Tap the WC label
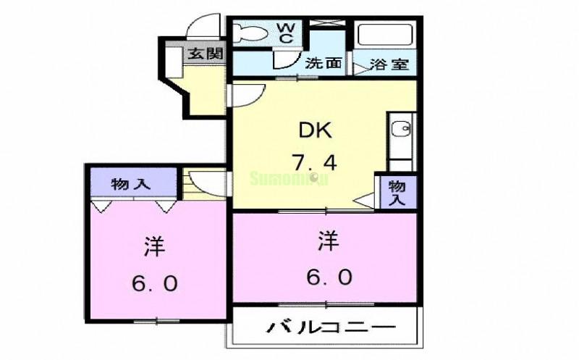pos(285,33)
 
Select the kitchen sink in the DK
pos(400,130)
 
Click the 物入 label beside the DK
pos(397,193)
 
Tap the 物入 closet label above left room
pos(130,184)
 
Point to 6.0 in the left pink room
pos(154,282)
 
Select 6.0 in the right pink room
pos(328,277)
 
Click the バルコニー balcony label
pos(333,328)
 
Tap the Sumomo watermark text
pos(289,177)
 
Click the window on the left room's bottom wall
pos(156,319)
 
